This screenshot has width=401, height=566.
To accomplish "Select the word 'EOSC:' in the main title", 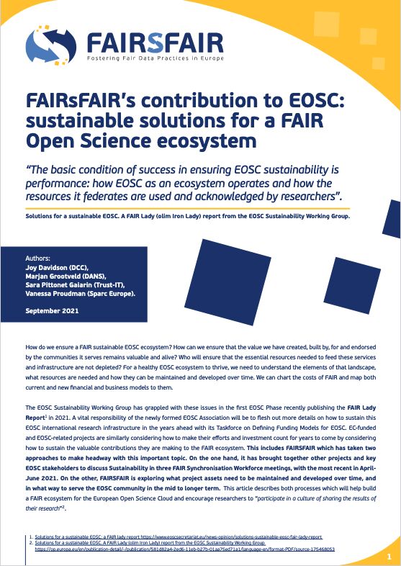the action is (321, 100).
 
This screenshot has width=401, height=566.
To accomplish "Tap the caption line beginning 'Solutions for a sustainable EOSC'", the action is (194, 217).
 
